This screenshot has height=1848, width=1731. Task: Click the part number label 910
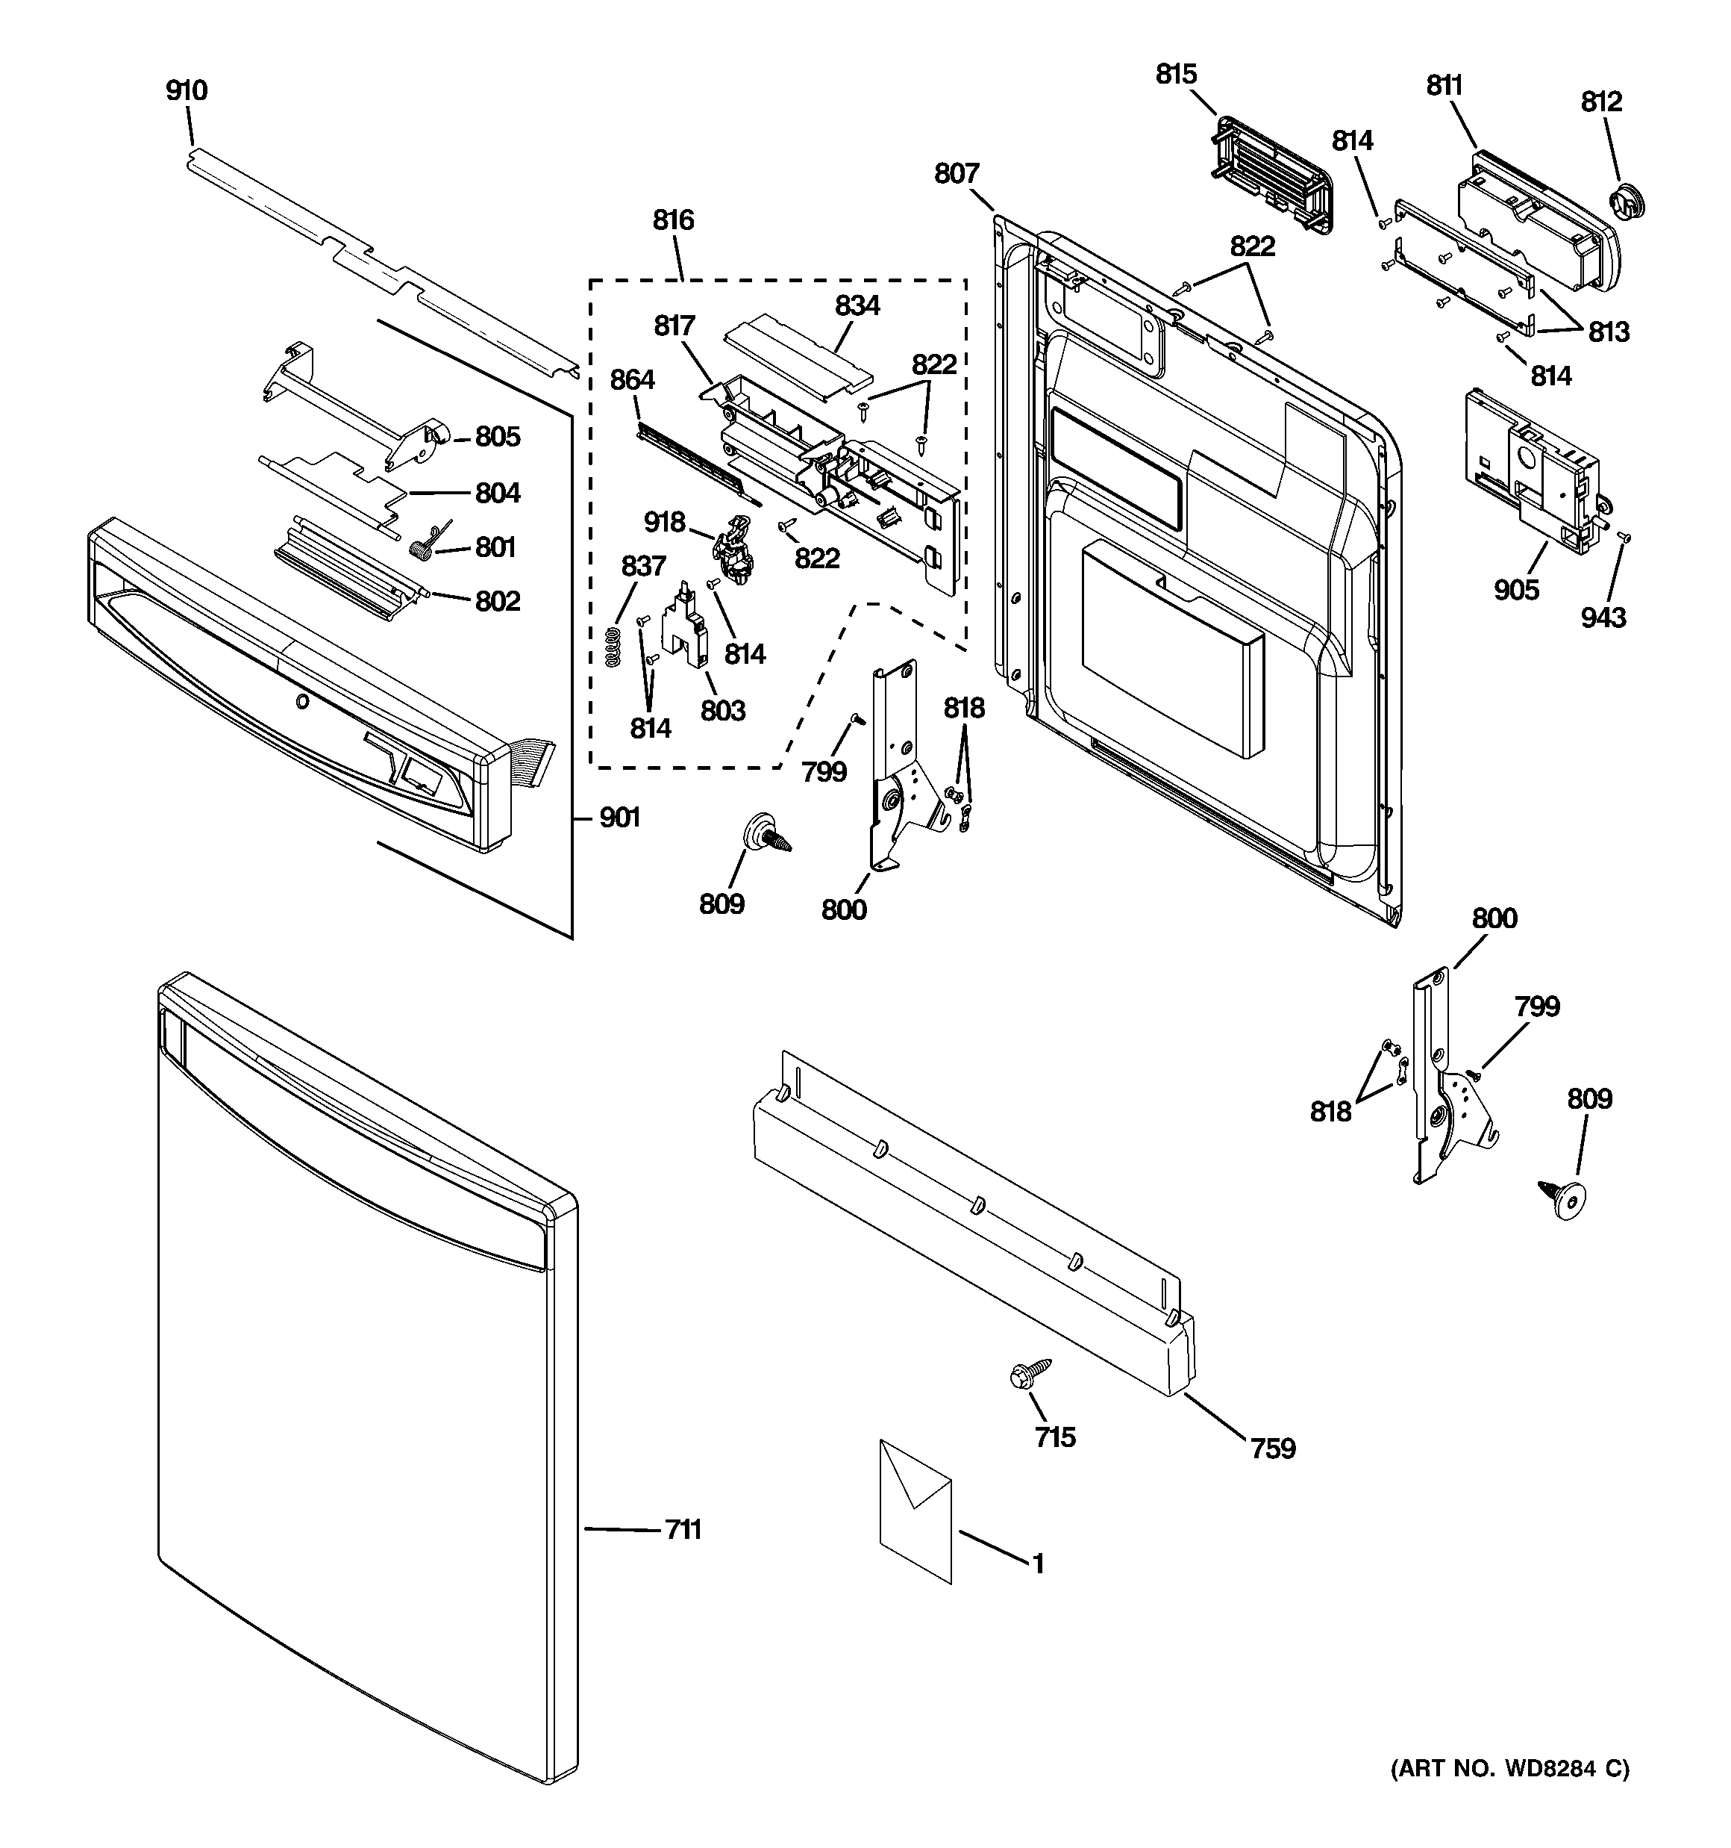pos(187,91)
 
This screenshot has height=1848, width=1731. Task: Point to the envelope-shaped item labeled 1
pos(915,1511)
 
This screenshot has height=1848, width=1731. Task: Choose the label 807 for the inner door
pos(957,174)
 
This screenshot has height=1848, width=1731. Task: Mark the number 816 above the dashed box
pos(673,220)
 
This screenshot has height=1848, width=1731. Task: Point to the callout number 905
pos(1516,589)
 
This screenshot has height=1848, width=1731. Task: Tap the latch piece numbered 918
pos(734,550)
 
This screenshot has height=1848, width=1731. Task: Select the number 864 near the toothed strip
pos(633,380)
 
